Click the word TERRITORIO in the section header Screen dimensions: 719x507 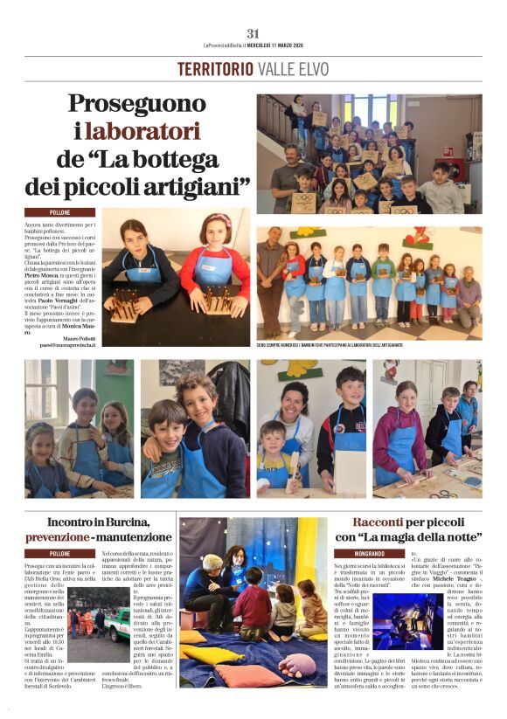(x=215, y=69)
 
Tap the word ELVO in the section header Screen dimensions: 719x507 (x=312, y=69)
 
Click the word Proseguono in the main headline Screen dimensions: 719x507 (x=158, y=105)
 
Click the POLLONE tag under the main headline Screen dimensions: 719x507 (x=59, y=212)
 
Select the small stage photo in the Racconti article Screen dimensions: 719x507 (x=383, y=621)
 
